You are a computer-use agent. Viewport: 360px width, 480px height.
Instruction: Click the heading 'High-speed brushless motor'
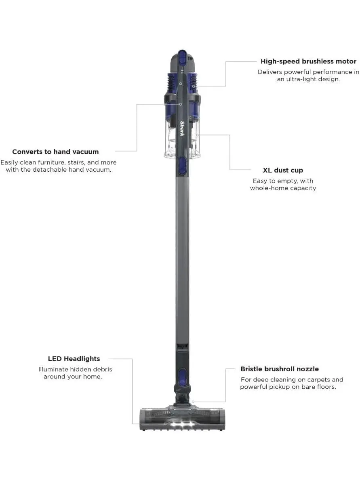click(308, 61)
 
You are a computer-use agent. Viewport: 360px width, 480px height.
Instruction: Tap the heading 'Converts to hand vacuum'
click(55, 152)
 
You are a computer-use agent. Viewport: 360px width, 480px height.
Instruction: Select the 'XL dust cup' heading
click(283, 171)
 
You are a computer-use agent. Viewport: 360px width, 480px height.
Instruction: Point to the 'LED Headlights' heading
click(74, 359)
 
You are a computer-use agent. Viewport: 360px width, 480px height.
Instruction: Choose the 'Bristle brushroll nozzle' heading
click(280, 369)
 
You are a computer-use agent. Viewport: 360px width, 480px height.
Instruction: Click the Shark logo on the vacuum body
click(182, 129)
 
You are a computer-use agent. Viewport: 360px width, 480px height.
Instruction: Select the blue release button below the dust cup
click(182, 166)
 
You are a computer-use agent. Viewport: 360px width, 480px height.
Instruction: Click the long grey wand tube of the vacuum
click(182, 263)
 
